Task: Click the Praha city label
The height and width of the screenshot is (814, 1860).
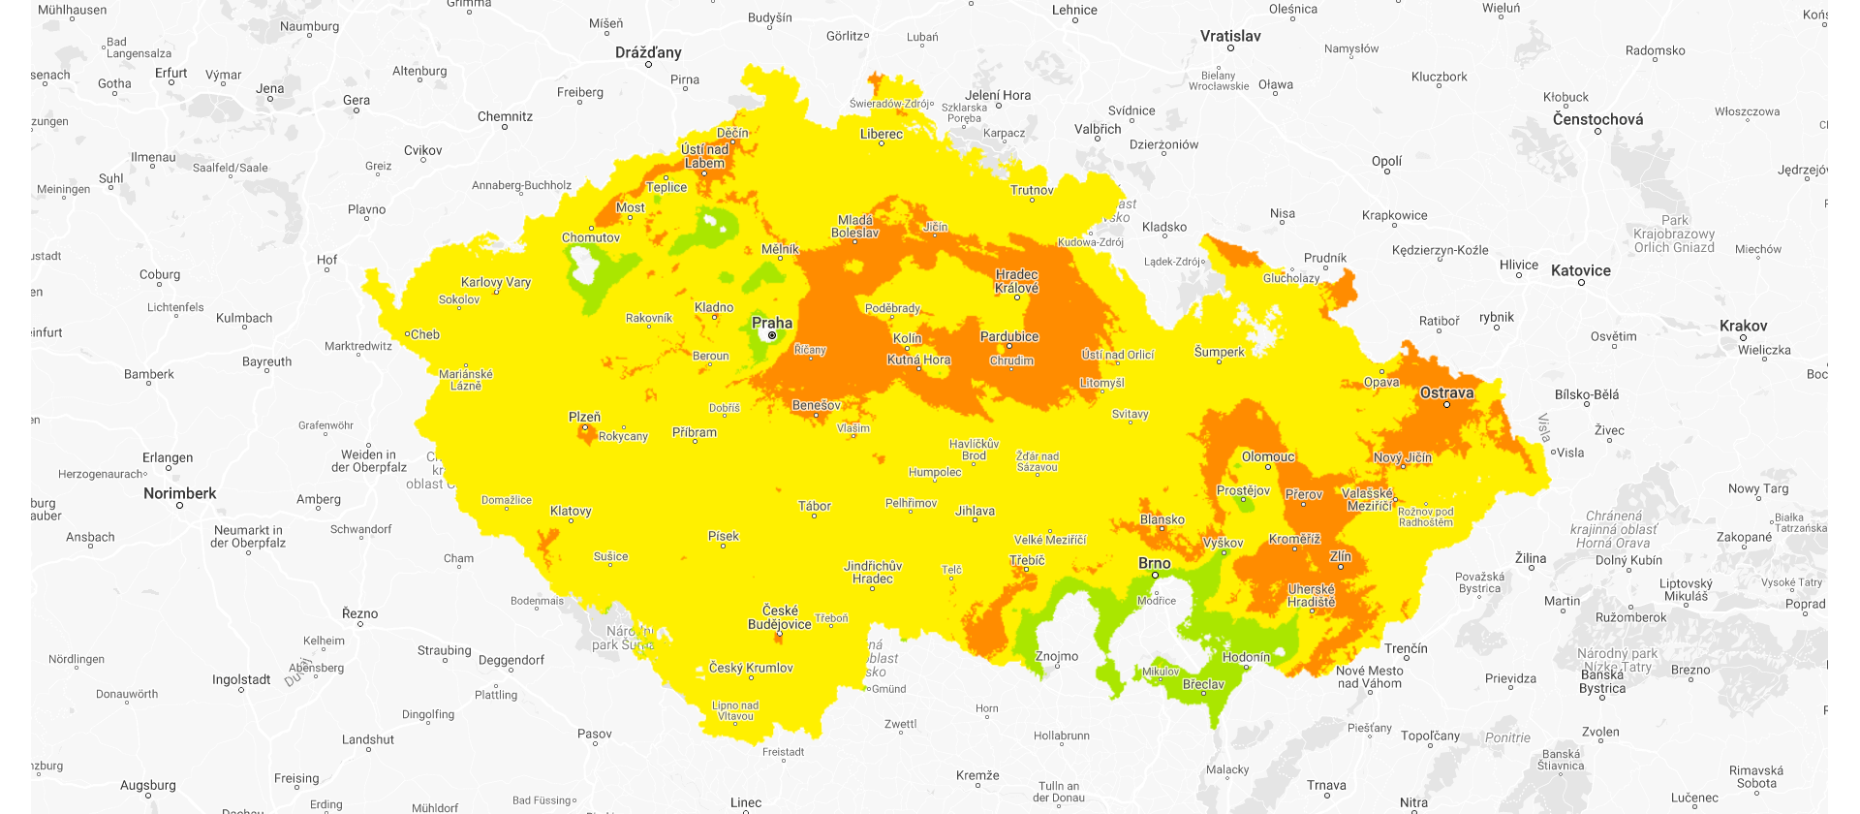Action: [772, 323]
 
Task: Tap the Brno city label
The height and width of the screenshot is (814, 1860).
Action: [1154, 563]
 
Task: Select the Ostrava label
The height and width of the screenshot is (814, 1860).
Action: [1446, 392]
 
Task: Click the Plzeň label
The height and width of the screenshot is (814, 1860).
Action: [584, 417]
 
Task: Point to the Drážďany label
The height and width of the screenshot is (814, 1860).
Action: [648, 52]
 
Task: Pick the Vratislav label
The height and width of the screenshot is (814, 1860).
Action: [1230, 36]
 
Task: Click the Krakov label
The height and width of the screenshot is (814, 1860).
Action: [1743, 326]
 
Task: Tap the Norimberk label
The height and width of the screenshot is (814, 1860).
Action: [180, 493]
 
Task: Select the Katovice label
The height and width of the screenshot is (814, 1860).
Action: [1580, 270]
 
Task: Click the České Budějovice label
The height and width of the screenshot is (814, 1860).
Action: [779, 617]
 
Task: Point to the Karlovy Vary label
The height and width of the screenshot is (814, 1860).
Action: [496, 282]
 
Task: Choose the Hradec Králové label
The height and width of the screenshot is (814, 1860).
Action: [1016, 281]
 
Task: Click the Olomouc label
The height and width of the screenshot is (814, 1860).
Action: [1268, 456]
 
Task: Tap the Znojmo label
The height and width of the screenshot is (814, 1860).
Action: [1056, 656]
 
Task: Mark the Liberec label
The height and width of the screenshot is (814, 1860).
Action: [881, 134]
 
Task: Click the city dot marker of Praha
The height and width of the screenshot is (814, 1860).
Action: [772, 335]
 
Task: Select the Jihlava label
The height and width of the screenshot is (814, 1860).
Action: [975, 511]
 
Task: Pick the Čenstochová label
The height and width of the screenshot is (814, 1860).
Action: [1597, 119]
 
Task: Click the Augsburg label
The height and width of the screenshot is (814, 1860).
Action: [148, 785]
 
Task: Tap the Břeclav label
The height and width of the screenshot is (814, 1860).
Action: [1203, 684]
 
